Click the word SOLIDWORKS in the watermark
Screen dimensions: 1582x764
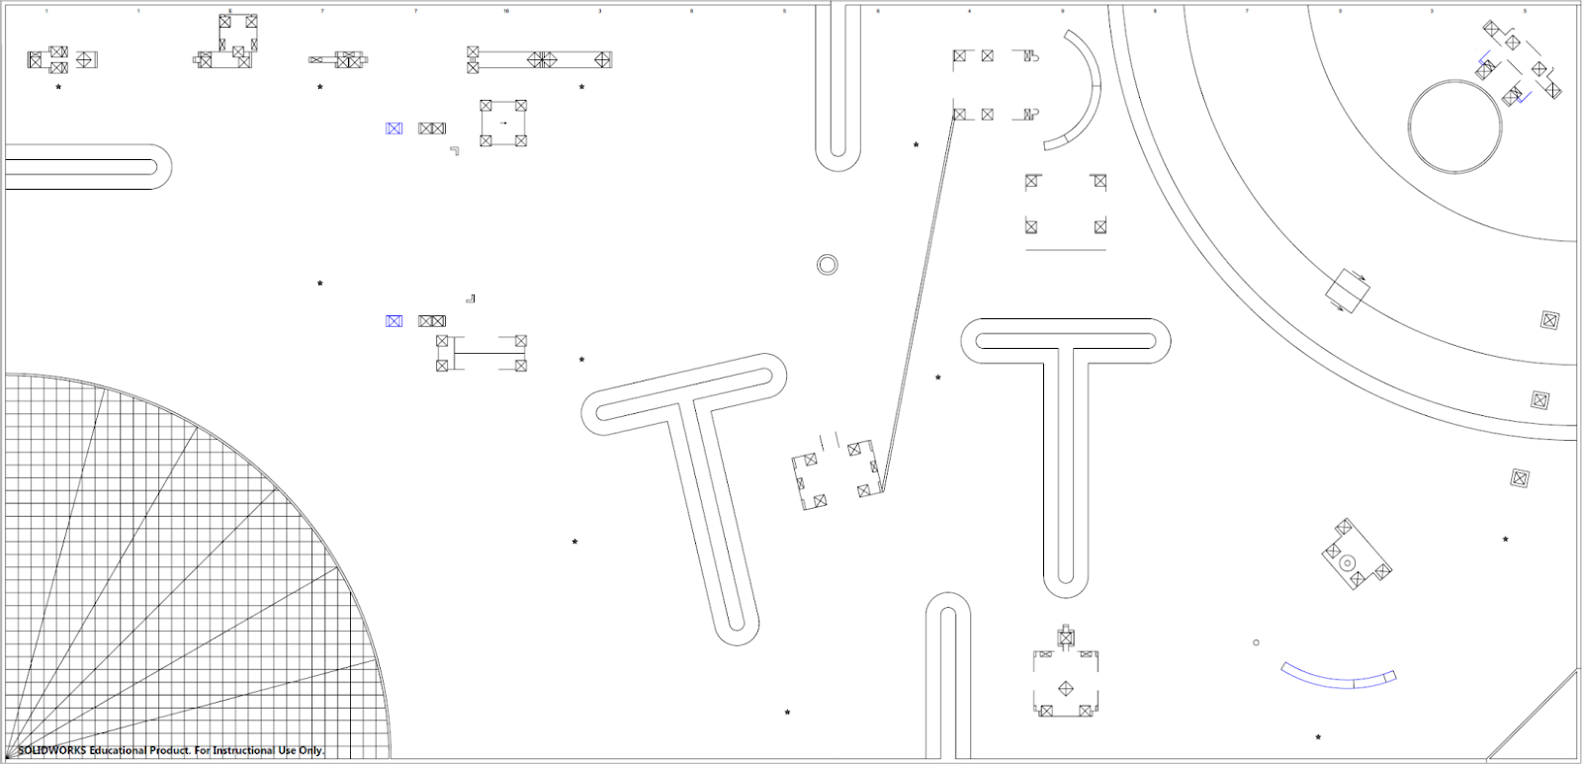[x=52, y=751]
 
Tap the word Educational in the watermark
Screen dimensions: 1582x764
[x=118, y=751]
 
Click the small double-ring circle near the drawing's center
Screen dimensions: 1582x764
[x=828, y=265]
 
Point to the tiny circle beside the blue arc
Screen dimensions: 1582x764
[x=1257, y=642]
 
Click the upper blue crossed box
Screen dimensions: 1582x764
[x=394, y=128]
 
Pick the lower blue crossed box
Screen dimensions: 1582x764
[x=394, y=321]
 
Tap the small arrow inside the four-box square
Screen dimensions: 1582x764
[x=503, y=124]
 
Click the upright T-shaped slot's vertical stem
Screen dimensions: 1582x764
[x=1065, y=465]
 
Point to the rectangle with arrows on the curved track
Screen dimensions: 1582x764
[x=1348, y=290]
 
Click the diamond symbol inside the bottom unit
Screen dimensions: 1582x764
[x=1066, y=688]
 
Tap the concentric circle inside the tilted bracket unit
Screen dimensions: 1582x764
[x=1347, y=562]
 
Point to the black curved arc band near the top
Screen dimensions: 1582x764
[x=1085, y=89]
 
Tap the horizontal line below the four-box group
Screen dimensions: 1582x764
[x=1065, y=250]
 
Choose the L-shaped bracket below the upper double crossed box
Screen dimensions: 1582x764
[x=455, y=150]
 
